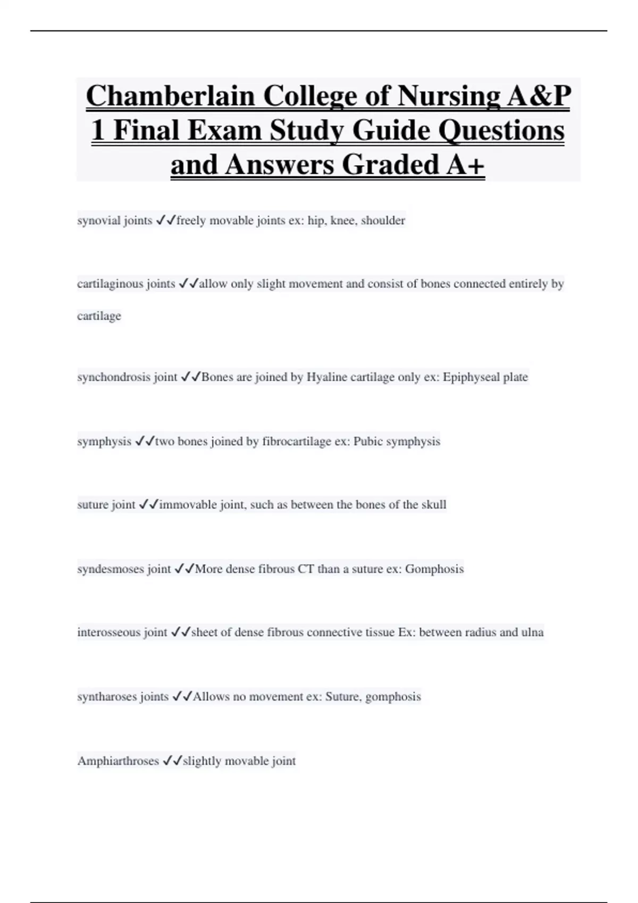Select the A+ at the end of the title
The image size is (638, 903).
pyautogui.click(x=465, y=164)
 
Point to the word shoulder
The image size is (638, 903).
pyautogui.click(x=383, y=220)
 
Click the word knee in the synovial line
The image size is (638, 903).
pyautogui.click(x=343, y=220)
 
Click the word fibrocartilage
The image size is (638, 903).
pyautogui.click(x=297, y=441)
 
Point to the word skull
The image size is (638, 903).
pyautogui.click(x=434, y=505)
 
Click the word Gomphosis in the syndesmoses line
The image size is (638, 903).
pyautogui.click(x=434, y=569)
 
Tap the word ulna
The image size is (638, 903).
pyautogui.click(x=532, y=632)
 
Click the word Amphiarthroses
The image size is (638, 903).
pyautogui.click(x=118, y=761)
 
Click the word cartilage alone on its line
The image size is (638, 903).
pyautogui.click(x=99, y=316)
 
